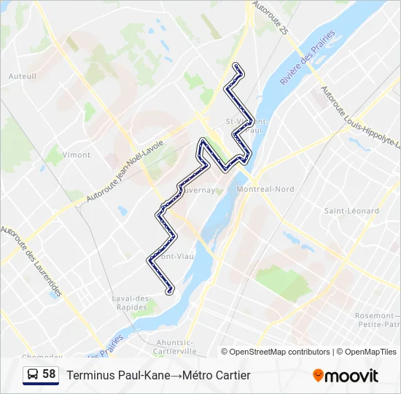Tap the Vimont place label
coord(77,155)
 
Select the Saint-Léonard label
coord(351,211)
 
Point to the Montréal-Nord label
coord(265,189)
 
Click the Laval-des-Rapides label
coord(131,302)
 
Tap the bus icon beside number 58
coord(33,374)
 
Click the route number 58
coord(49,374)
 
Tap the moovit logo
coord(346,375)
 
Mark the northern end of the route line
coord(235,66)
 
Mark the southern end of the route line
coord(170,291)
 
